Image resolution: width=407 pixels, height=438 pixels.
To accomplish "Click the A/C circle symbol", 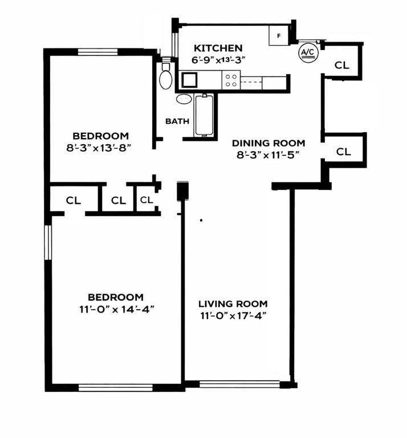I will pos(307,53).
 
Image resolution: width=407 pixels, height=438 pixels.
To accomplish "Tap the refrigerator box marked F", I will pos(279,35).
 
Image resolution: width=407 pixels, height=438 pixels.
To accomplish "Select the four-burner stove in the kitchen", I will pos(231,80).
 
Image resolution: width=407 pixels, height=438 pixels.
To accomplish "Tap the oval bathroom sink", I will pos(184,99).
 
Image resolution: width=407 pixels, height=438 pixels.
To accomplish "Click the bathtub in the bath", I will pos(205,115).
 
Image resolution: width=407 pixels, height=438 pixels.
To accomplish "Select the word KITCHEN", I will pos(218,48).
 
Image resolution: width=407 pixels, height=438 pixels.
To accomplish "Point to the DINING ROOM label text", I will pos(268,143).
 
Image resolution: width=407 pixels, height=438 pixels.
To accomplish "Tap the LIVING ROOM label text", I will pos(233,304).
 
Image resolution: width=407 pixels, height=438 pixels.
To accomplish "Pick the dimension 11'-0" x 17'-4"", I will pos(233,315).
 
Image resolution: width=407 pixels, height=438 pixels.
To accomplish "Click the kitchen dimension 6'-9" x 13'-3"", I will pos(218,59).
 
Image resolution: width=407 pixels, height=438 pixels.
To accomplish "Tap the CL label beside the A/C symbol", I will pos(341,65).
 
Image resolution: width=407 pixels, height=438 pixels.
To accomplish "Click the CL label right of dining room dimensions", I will pos(343,152).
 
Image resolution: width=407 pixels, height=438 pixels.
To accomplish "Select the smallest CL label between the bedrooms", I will pos(146,200).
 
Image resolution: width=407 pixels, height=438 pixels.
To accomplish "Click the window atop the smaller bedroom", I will pos(97,52).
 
